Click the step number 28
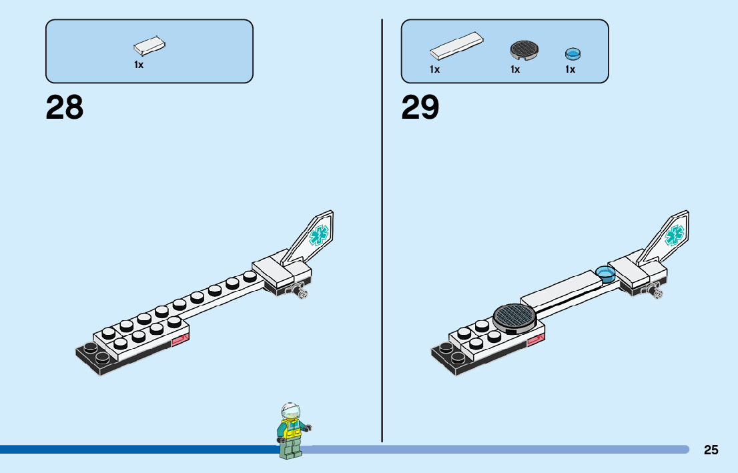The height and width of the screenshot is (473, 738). point(65,107)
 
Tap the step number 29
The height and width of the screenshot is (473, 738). point(420,107)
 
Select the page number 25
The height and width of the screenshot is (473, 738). point(711,450)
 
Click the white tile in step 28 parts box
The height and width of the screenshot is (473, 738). point(149,45)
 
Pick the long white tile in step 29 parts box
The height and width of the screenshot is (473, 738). point(456,45)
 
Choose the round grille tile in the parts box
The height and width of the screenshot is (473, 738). point(524,50)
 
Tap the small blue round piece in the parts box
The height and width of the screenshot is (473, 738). point(573,53)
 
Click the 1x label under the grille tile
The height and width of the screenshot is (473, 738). point(515,69)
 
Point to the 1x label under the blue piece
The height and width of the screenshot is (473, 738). point(570,69)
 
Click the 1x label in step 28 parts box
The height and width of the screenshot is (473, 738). point(139,65)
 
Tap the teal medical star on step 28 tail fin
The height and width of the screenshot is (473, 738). point(319,235)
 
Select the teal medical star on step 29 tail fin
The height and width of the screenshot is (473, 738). point(675,235)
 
